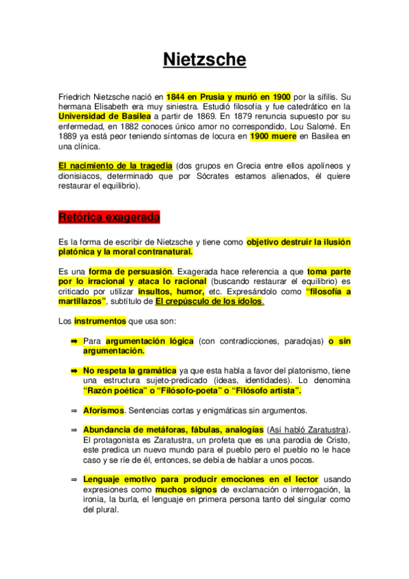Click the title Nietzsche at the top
[x=204, y=60]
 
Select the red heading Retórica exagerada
[x=109, y=218]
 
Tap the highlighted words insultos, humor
[x=182, y=291]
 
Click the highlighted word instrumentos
[x=100, y=320]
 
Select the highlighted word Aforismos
[x=103, y=410]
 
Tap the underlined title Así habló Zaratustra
[x=309, y=429]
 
